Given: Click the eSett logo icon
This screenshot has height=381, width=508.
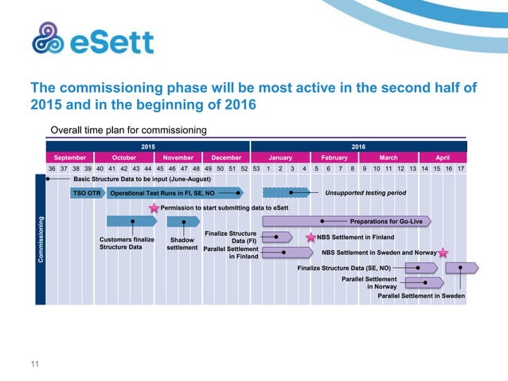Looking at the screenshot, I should point(48,39).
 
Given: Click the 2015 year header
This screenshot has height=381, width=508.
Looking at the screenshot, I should point(148,146).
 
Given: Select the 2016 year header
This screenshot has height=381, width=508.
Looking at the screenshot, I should point(358,146).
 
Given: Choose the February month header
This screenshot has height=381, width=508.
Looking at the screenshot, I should point(334,158).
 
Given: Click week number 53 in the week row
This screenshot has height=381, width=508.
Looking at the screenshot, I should point(256,169).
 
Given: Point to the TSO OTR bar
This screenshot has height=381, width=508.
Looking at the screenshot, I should point(87,193).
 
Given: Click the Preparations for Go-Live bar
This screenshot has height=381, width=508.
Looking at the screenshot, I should point(346,221).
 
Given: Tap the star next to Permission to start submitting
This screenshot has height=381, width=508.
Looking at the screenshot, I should point(154,208).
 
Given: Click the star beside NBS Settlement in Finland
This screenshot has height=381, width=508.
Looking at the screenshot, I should point(311,238).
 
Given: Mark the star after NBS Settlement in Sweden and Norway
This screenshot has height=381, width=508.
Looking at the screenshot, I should point(444,253).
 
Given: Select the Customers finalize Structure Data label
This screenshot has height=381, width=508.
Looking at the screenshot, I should point(121,243).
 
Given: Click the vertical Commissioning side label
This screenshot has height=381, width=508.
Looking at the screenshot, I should point(40,239).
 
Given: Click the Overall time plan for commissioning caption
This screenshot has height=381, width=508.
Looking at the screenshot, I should point(128,130).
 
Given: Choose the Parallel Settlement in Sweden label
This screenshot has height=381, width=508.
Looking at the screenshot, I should point(421,296).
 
